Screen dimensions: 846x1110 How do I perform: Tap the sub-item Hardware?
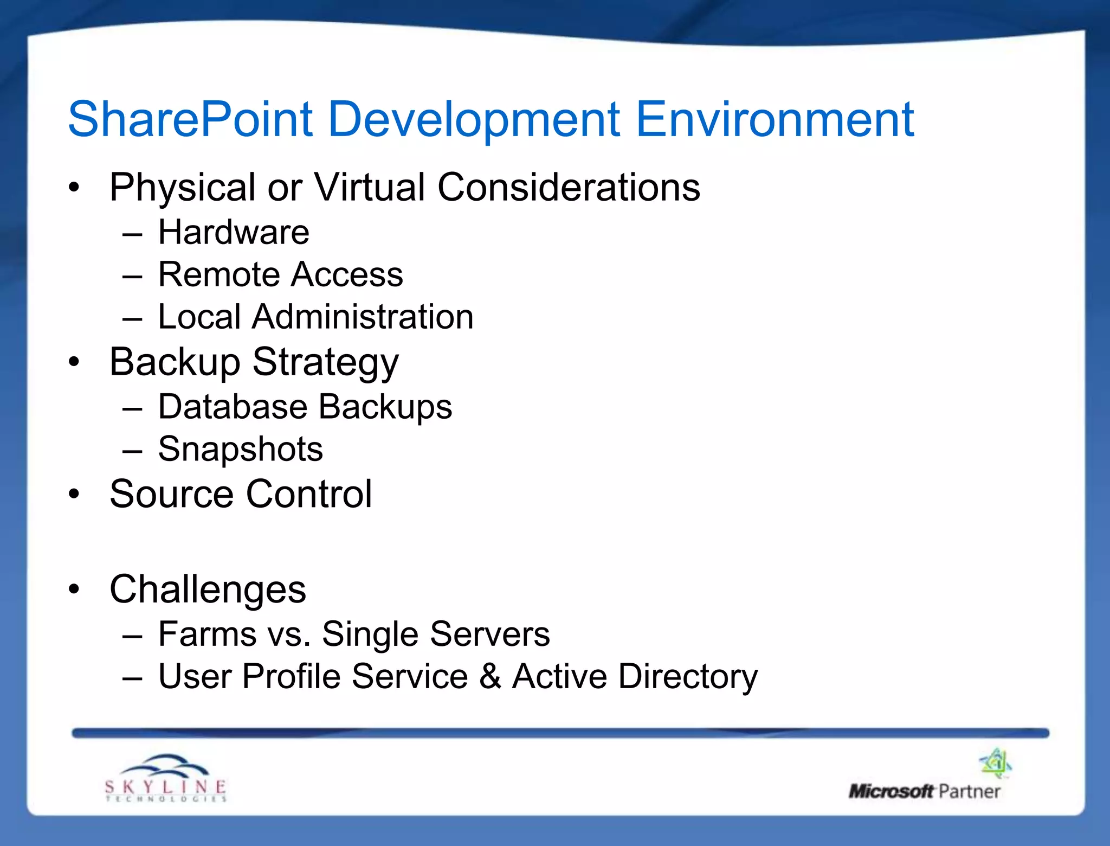coord(234,233)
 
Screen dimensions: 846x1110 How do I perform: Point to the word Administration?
coord(363,317)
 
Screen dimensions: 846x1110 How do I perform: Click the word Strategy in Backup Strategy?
coord(326,363)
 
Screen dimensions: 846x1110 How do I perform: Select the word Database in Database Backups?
coord(231,407)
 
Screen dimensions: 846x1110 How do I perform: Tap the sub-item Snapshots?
coord(240,450)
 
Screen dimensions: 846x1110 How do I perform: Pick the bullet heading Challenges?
coord(208,589)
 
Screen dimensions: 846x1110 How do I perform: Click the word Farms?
coord(208,634)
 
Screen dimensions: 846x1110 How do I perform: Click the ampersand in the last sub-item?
coord(490,676)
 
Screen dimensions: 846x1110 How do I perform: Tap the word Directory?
coord(688,677)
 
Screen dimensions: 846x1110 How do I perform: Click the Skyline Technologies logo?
coord(165,779)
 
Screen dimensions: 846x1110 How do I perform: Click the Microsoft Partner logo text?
coord(924,792)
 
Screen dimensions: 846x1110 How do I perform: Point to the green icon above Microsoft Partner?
coord(995,762)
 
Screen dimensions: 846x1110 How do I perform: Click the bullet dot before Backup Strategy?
coord(74,362)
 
